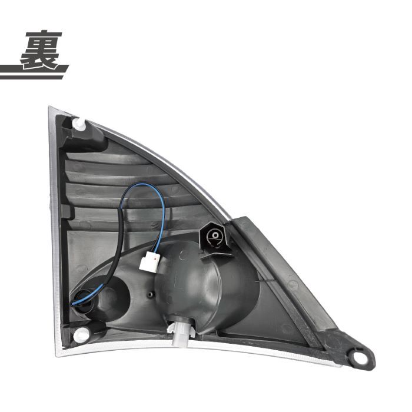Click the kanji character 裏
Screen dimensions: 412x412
point(42,50)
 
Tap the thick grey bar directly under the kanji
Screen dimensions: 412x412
point(34,69)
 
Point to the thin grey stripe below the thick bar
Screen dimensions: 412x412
point(32,77)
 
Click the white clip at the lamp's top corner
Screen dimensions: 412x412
point(79,124)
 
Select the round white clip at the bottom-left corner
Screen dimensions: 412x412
point(80,334)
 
